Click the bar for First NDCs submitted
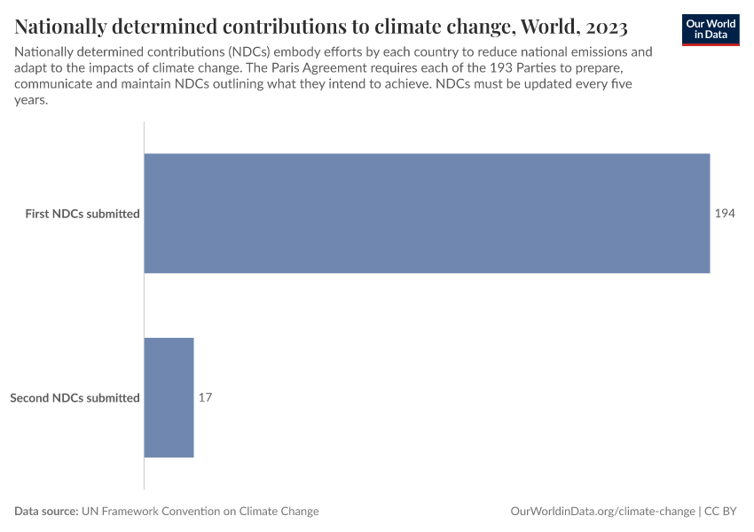click(x=427, y=214)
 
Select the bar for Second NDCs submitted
click(x=169, y=398)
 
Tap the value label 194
click(x=725, y=214)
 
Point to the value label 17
click(x=205, y=398)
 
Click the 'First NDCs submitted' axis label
click(x=82, y=214)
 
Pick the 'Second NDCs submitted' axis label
click(x=75, y=398)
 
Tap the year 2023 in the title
click(x=603, y=27)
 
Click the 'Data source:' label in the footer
click(x=46, y=512)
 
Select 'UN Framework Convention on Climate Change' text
click(x=200, y=512)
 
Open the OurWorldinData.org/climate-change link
click(x=602, y=512)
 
